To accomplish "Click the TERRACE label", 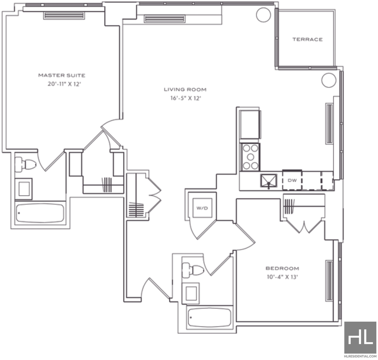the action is (307, 39).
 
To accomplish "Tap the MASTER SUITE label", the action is (62, 75).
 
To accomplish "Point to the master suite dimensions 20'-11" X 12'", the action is (64, 84).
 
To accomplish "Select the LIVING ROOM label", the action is (185, 90).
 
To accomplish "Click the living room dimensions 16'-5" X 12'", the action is (186, 98).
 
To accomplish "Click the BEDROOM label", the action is (282, 269).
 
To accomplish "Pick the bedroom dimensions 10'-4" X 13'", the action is (282, 277).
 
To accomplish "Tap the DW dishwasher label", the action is (292, 180).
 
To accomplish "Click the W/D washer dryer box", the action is (202, 208).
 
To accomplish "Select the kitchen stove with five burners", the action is (250, 157).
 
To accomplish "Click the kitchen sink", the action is (269, 181).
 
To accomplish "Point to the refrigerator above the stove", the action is (250, 125).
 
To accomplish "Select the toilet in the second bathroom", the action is (193, 269).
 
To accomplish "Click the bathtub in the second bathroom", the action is (210, 317).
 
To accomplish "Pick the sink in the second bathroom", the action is (191, 293).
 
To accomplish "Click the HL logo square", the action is (360, 337).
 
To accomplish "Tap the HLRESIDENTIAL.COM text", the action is (360, 356).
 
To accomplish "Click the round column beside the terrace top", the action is (264, 15).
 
